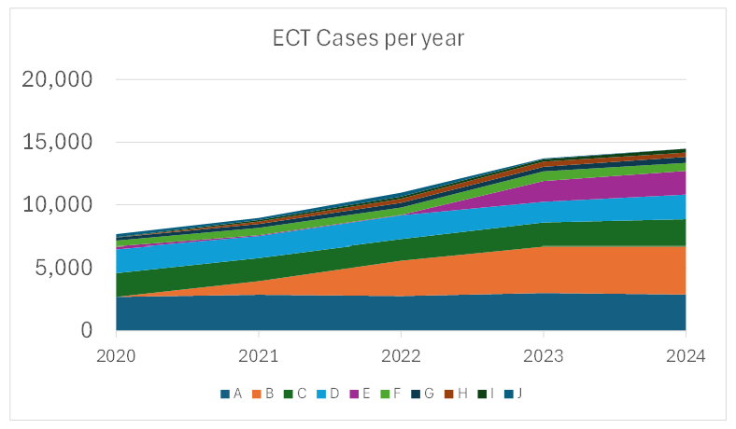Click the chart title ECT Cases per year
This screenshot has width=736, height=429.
(x=368, y=38)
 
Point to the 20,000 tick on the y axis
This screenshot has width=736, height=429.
(x=57, y=80)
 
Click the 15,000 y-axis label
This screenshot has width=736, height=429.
(x=57, y=143)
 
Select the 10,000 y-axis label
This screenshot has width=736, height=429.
(x=57, y=205)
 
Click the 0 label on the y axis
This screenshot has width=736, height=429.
(x=85, y=331)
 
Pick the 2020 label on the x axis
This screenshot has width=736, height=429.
(x=117, y=355)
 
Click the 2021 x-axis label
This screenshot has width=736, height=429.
(x=259, y=355)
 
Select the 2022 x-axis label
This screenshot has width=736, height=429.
(x=401, y=355)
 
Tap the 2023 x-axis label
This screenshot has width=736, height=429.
(x=544, y=355)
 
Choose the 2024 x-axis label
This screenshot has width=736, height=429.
(x=686, y=355)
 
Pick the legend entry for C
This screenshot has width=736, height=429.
(x=296, y=394)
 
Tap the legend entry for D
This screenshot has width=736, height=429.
(x=330, y=394)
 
